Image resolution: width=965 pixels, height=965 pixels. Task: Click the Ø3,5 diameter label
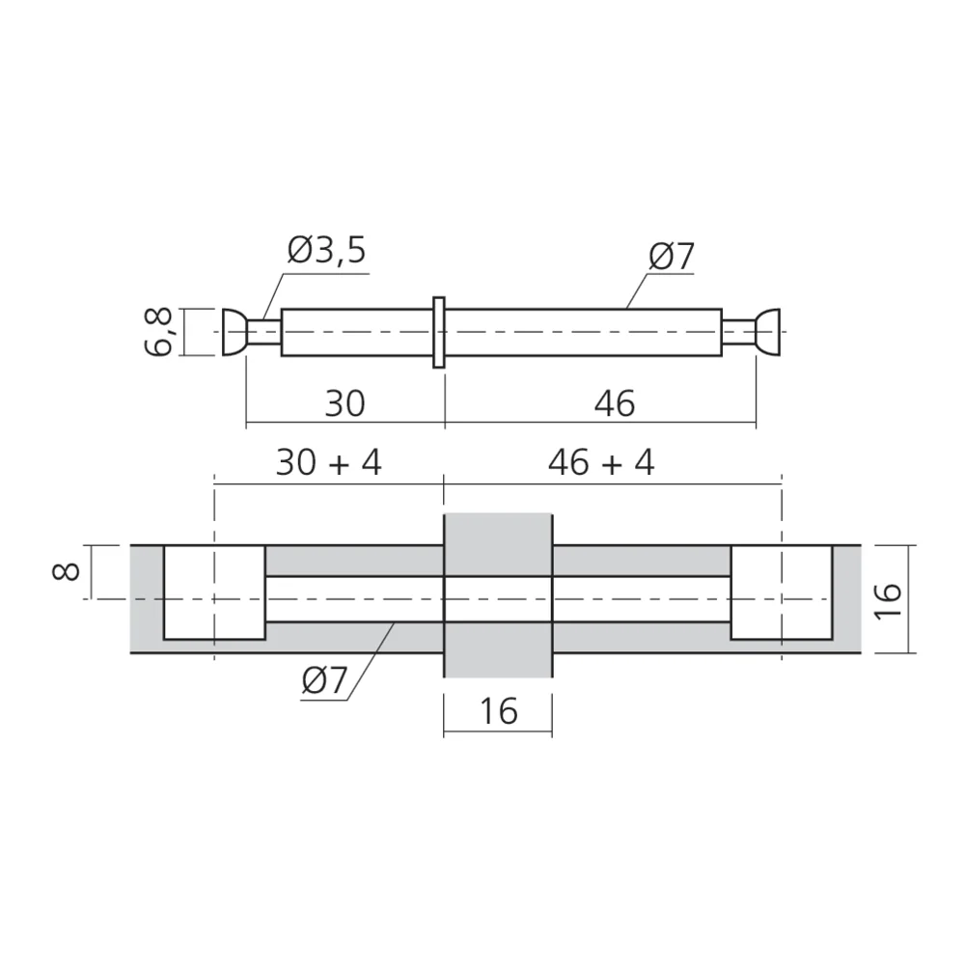327,252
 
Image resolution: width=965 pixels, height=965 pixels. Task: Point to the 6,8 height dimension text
161,332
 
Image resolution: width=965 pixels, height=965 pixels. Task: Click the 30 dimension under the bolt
345,403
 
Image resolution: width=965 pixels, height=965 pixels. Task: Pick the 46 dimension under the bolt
615,403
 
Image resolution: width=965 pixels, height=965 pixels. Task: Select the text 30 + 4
329,462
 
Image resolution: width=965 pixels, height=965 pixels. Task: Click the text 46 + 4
600,462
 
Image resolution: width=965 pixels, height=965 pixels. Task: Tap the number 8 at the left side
67,571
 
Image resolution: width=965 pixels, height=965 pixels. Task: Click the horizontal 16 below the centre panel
497,711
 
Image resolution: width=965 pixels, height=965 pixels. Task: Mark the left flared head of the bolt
233,332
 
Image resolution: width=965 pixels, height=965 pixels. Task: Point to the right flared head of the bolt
769,332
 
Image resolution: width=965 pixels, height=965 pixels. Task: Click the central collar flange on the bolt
439,332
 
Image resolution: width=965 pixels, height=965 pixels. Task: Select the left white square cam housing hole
214,592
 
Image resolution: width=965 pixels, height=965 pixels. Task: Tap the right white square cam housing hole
781,592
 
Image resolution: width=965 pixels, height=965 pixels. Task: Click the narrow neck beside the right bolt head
738,332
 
